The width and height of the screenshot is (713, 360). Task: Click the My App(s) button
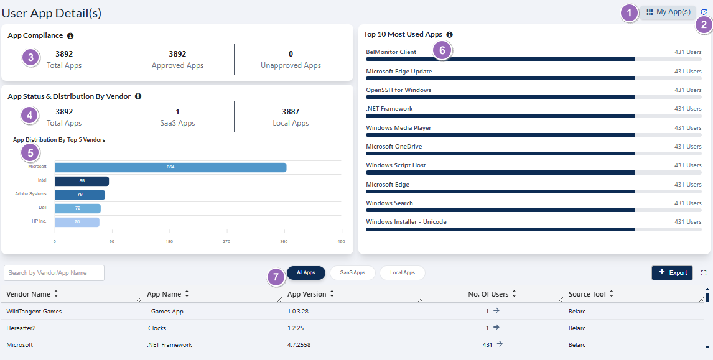(x=668, y=12)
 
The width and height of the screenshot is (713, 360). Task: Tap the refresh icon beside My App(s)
(x=704, y=12)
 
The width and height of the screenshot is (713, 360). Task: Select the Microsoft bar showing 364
(x=170, y=167)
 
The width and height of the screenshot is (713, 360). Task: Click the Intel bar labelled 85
(x=82, y=181)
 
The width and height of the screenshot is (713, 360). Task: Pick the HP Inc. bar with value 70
(x=77, y=222)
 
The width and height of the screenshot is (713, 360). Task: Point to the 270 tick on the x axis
(x=226, y=242)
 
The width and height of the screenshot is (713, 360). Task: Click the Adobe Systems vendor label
(x=30, y=194)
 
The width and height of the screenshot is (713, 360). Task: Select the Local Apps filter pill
(x=402, y=273)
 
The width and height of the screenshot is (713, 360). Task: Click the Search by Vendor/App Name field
(x=54, y=273)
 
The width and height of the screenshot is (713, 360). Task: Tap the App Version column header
(x=306, y=293)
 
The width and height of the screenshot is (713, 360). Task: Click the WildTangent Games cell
(x=34, y=311)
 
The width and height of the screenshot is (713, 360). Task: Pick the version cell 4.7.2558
(x=300, y=344)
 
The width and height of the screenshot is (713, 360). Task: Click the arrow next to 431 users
(x=500, y=344)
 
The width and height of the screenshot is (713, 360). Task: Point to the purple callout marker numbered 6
(x=442, y=51)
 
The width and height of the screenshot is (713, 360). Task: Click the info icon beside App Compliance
(x=70, y=36)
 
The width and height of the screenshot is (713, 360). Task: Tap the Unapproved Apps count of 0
(x=291, y=54)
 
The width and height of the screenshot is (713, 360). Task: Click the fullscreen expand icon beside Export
(x=704, y=273)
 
